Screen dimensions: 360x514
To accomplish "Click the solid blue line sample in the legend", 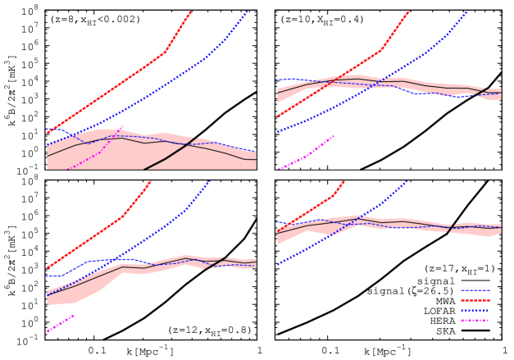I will tap(475, 290).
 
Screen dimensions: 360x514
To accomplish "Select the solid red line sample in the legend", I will tap(475, 300).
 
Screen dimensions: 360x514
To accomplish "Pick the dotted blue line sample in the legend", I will tap(475, 311).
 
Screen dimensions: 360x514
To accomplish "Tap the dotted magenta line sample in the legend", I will tap(475, 321).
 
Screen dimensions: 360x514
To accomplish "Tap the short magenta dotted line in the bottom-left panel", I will tap(61, 322).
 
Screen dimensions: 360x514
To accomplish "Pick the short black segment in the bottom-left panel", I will tap(217, 262).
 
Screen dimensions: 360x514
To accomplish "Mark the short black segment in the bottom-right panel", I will tap(451, 227).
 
